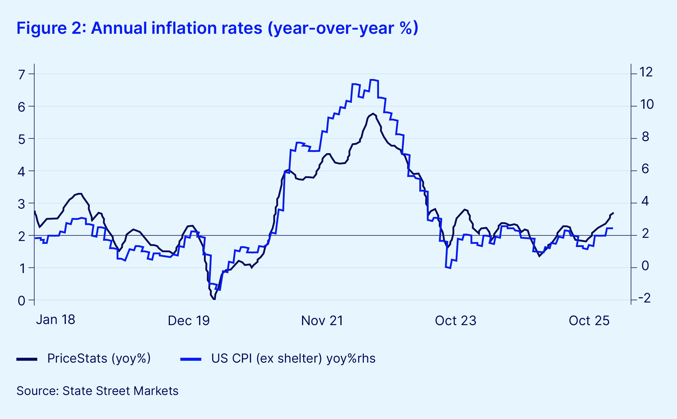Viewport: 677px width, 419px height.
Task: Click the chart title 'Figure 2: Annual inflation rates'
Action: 217,28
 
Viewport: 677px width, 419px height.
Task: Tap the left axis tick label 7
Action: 21,75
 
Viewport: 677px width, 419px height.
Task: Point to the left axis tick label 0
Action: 21,301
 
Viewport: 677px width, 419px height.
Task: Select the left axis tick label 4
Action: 21,172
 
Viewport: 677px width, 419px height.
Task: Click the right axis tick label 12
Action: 646,72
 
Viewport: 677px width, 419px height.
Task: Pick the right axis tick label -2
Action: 644,298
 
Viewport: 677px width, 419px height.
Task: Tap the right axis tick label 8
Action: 646,137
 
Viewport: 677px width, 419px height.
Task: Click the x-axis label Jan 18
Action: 55,320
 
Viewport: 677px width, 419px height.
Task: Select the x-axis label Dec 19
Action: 189,321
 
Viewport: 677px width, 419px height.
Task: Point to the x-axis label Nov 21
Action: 322,321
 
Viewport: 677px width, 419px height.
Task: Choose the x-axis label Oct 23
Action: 456,321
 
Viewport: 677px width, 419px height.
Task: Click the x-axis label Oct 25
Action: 589,321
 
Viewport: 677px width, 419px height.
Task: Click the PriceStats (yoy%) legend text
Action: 99,358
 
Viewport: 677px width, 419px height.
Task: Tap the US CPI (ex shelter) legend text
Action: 293,358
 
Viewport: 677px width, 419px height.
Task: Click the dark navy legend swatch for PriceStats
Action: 27,359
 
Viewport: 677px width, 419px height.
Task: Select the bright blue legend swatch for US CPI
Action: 191,359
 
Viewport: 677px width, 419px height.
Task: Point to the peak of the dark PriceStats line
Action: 373,114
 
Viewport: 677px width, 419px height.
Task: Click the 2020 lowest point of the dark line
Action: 214,299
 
